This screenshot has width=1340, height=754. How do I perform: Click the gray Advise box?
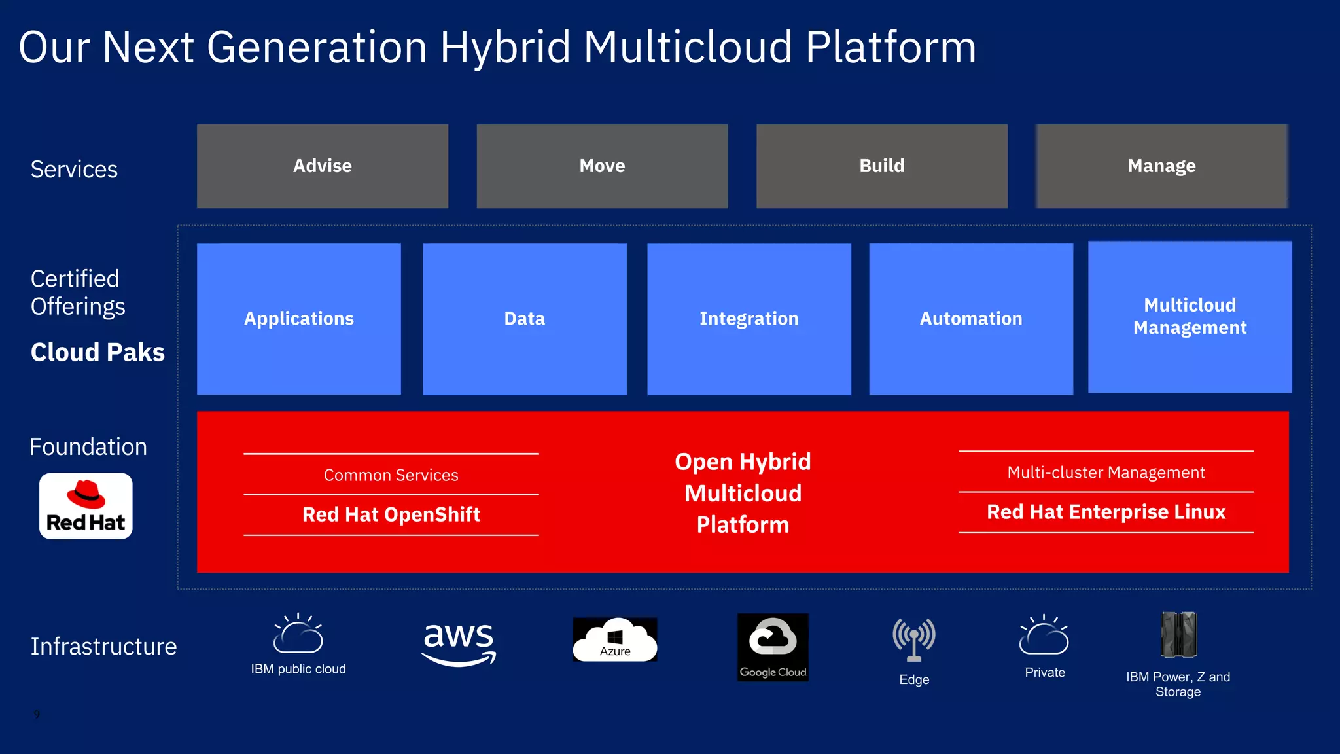(x=322, y=166)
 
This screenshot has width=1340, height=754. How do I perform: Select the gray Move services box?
(x=602, y=166)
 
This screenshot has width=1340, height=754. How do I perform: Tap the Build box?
(x=881, y=166)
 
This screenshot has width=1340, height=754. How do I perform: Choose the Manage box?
(x=1161, y=166)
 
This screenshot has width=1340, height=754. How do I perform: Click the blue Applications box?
(x=298, y=319)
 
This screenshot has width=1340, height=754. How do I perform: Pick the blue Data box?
(x=524, y=319)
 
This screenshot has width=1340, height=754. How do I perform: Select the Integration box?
(x=749, y=319)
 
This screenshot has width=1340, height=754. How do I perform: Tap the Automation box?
(x=970, y=319)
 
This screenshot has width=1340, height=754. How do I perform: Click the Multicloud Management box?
(x=1190, y=317)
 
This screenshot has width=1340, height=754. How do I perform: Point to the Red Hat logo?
(x=86, y=506)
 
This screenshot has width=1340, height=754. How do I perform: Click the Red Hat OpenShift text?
(x=391, y=514)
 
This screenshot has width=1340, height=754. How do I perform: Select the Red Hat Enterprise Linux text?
(x=1106, y=512)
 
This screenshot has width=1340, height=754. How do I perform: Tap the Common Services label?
(x=391, y=475)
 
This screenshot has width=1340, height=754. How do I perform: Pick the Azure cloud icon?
(x=614, y=639)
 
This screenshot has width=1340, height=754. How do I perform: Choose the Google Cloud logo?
(x=773, y=647)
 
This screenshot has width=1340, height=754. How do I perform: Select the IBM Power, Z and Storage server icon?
(x=1178, y=634)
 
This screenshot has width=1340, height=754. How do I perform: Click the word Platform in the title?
(x=890, y=48)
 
